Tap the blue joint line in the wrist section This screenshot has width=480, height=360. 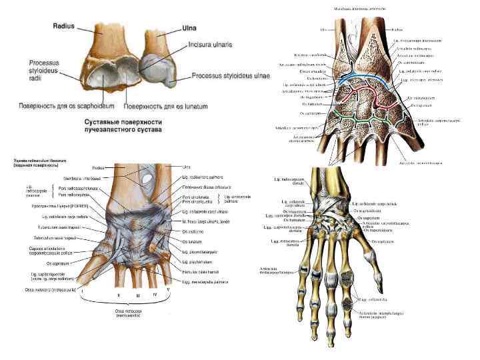[360, 79]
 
